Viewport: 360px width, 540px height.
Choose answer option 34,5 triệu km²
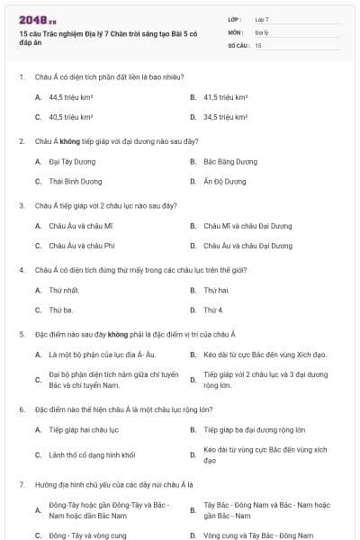pos(225,117)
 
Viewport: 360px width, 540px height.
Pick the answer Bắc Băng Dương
pos(230,162)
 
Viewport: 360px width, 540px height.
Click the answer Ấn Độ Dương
pos(224,181)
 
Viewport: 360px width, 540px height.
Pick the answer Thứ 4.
pos(213,310)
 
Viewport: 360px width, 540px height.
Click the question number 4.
pos(22,269)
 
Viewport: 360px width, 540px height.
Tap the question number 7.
pos(22,484)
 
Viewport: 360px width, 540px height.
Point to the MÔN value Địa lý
pos(262,31)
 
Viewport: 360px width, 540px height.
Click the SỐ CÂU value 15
pos(258,44)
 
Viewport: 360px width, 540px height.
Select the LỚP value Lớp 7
pos(262,19)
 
